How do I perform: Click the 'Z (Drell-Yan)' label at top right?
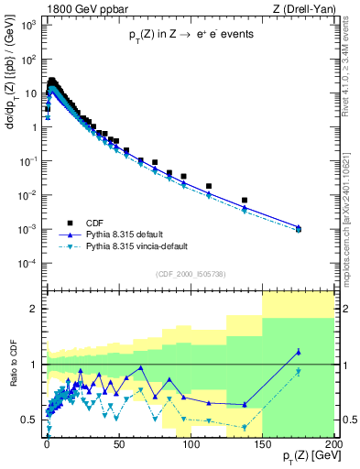tap(302, 8)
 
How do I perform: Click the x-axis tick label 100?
tap(191, 446)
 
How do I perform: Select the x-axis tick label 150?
tap(263, 446)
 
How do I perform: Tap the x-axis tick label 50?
tap(119, 446)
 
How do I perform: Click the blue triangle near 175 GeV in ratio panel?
tap(298, 352)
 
